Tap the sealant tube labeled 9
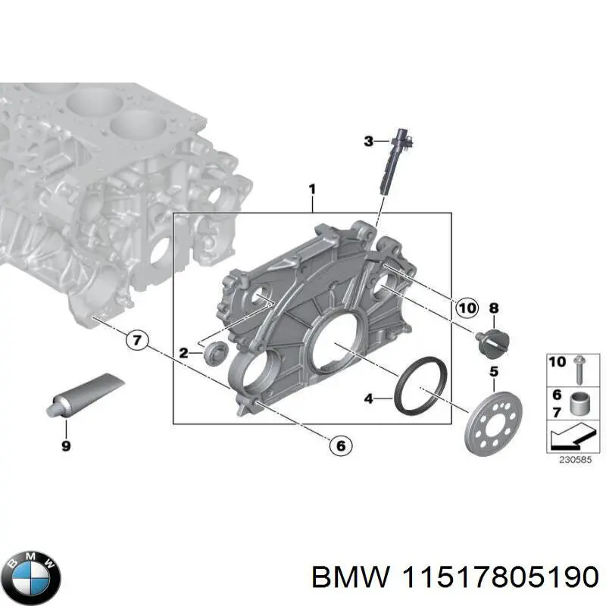click(x=81, y=396)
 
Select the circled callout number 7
click(x=136, y=340)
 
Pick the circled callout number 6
click(x=339, y=447)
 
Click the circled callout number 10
click(x=467, y=307)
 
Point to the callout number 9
click(x=66, y=446)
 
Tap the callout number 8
click(x=494, y=308)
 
